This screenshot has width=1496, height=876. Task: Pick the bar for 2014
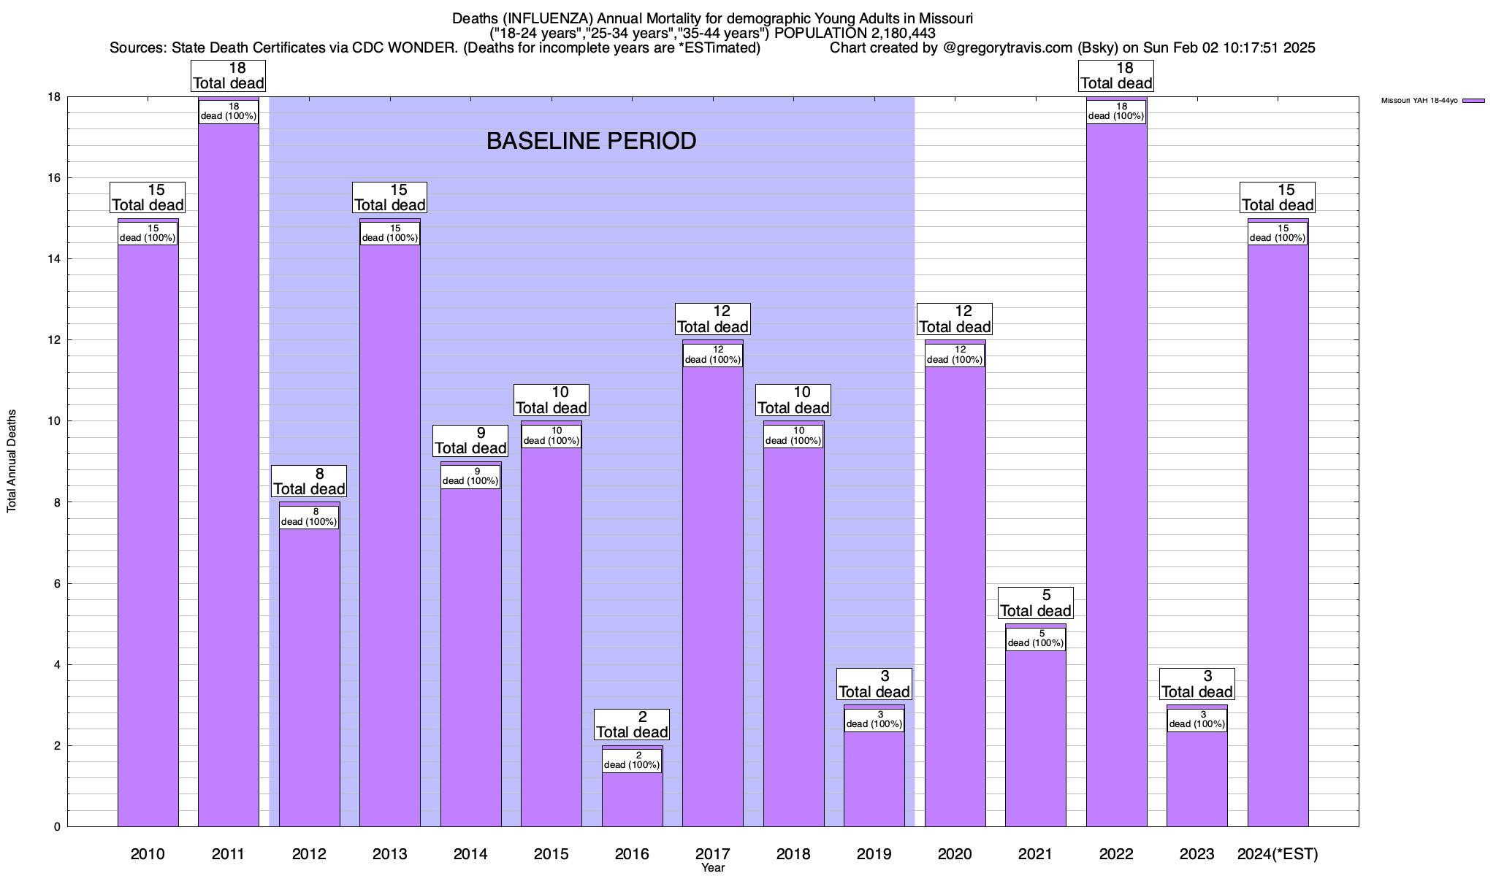[470, 657]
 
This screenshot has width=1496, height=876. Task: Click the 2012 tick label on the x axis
[309, 854]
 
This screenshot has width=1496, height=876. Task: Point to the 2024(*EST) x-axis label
[1278, 854]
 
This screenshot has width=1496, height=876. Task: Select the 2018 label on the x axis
[793, 854]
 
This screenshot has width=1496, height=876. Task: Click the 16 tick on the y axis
[53, 178]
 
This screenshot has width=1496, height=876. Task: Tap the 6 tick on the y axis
[56, 583]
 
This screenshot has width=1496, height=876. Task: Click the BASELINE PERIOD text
[591, 141]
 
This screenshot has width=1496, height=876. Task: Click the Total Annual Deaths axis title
[12, 461]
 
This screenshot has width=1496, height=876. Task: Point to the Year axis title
[712, 868]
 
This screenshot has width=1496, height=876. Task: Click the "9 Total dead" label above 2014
[470, 441]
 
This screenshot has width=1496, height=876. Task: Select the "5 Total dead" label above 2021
[1035, 603]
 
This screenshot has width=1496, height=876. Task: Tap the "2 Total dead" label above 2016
[632, 725]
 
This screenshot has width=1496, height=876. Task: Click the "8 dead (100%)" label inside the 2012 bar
[309, 517]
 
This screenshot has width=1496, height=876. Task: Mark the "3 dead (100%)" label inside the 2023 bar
[1197, 720]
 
